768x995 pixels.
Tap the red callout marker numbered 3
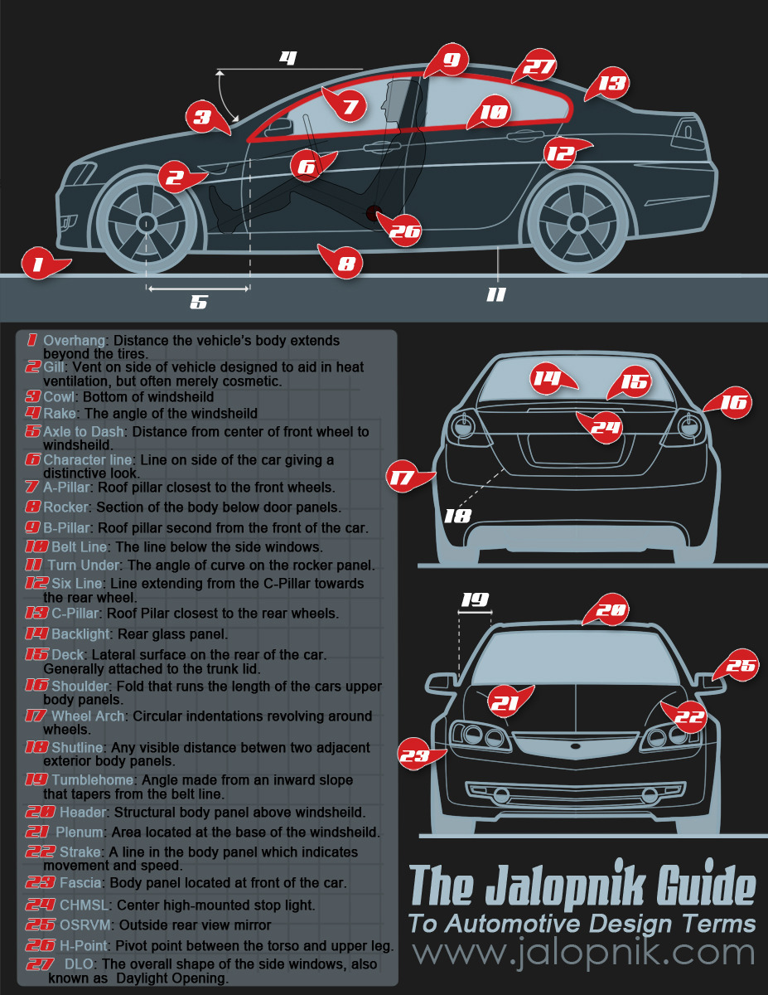[203, 117]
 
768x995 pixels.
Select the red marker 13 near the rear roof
[611, 84]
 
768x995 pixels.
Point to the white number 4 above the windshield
[287, 58]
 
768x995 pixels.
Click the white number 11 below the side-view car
[495, 294]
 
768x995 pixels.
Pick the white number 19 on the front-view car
[475, 599]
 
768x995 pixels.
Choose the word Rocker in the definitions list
[65, 507]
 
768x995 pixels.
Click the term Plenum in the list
[80, 832]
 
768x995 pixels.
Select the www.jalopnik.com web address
[584, 953]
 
